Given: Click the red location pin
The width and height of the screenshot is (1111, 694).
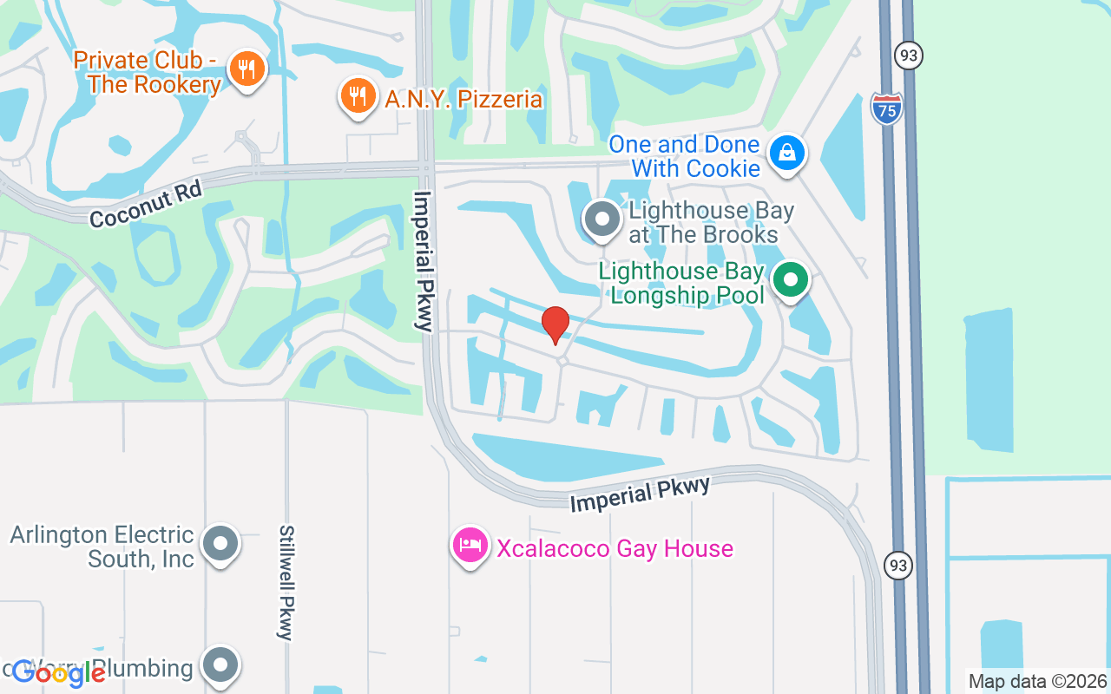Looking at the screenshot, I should point(555,324).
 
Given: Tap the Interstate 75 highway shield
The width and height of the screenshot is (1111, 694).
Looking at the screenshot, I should point(886,108).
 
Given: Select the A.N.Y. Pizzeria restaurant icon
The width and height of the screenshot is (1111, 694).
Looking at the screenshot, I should point(357,95).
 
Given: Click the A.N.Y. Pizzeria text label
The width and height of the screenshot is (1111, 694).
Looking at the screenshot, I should point(463,100).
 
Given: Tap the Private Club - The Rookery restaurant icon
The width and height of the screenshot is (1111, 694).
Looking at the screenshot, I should point(247,69).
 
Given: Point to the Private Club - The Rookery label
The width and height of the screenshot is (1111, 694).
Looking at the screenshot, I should point(147,72).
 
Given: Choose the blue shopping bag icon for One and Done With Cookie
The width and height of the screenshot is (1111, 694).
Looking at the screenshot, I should point(786,154).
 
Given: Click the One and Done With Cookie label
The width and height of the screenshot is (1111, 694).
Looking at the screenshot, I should point(684,156).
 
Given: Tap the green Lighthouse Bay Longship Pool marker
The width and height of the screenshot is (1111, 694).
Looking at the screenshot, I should point(790,280).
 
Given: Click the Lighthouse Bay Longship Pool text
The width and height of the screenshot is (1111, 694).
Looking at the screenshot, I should point(681,283).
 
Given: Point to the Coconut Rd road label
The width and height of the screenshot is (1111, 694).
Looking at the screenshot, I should point(146,206).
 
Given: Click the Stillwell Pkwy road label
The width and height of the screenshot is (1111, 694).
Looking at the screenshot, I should point(286,581).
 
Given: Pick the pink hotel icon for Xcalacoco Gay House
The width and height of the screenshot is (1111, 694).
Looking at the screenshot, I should point(470,546).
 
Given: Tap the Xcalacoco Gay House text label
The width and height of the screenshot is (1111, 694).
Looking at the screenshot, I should point(615,548).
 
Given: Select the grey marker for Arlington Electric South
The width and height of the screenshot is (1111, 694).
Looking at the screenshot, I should point(220,544).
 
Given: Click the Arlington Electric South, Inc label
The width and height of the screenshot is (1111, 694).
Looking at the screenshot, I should point(102,547).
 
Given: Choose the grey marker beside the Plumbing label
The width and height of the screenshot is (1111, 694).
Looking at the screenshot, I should point(220,665).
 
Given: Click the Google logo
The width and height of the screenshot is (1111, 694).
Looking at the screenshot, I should point(59,673).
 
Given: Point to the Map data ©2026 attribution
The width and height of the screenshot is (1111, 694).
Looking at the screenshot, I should point(1037,681).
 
